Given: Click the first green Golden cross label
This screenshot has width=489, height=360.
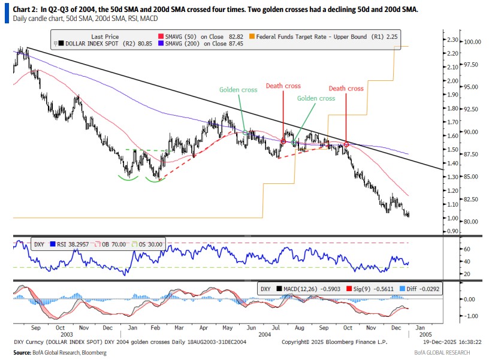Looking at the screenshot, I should pos(238,90).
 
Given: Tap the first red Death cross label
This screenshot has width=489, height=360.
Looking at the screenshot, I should pos(283,86).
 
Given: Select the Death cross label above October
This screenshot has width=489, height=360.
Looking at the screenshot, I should pos(346,88).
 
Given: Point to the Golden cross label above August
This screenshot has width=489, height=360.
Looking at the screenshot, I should pos(316,98).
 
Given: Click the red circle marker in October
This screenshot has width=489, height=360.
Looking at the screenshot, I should pos(346,144).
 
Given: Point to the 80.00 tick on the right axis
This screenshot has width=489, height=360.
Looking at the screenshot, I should pos(470,222).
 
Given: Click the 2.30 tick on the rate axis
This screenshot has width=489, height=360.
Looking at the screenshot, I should pos(452,40).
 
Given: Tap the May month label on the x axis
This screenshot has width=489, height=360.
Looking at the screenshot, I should pos(227,328).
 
